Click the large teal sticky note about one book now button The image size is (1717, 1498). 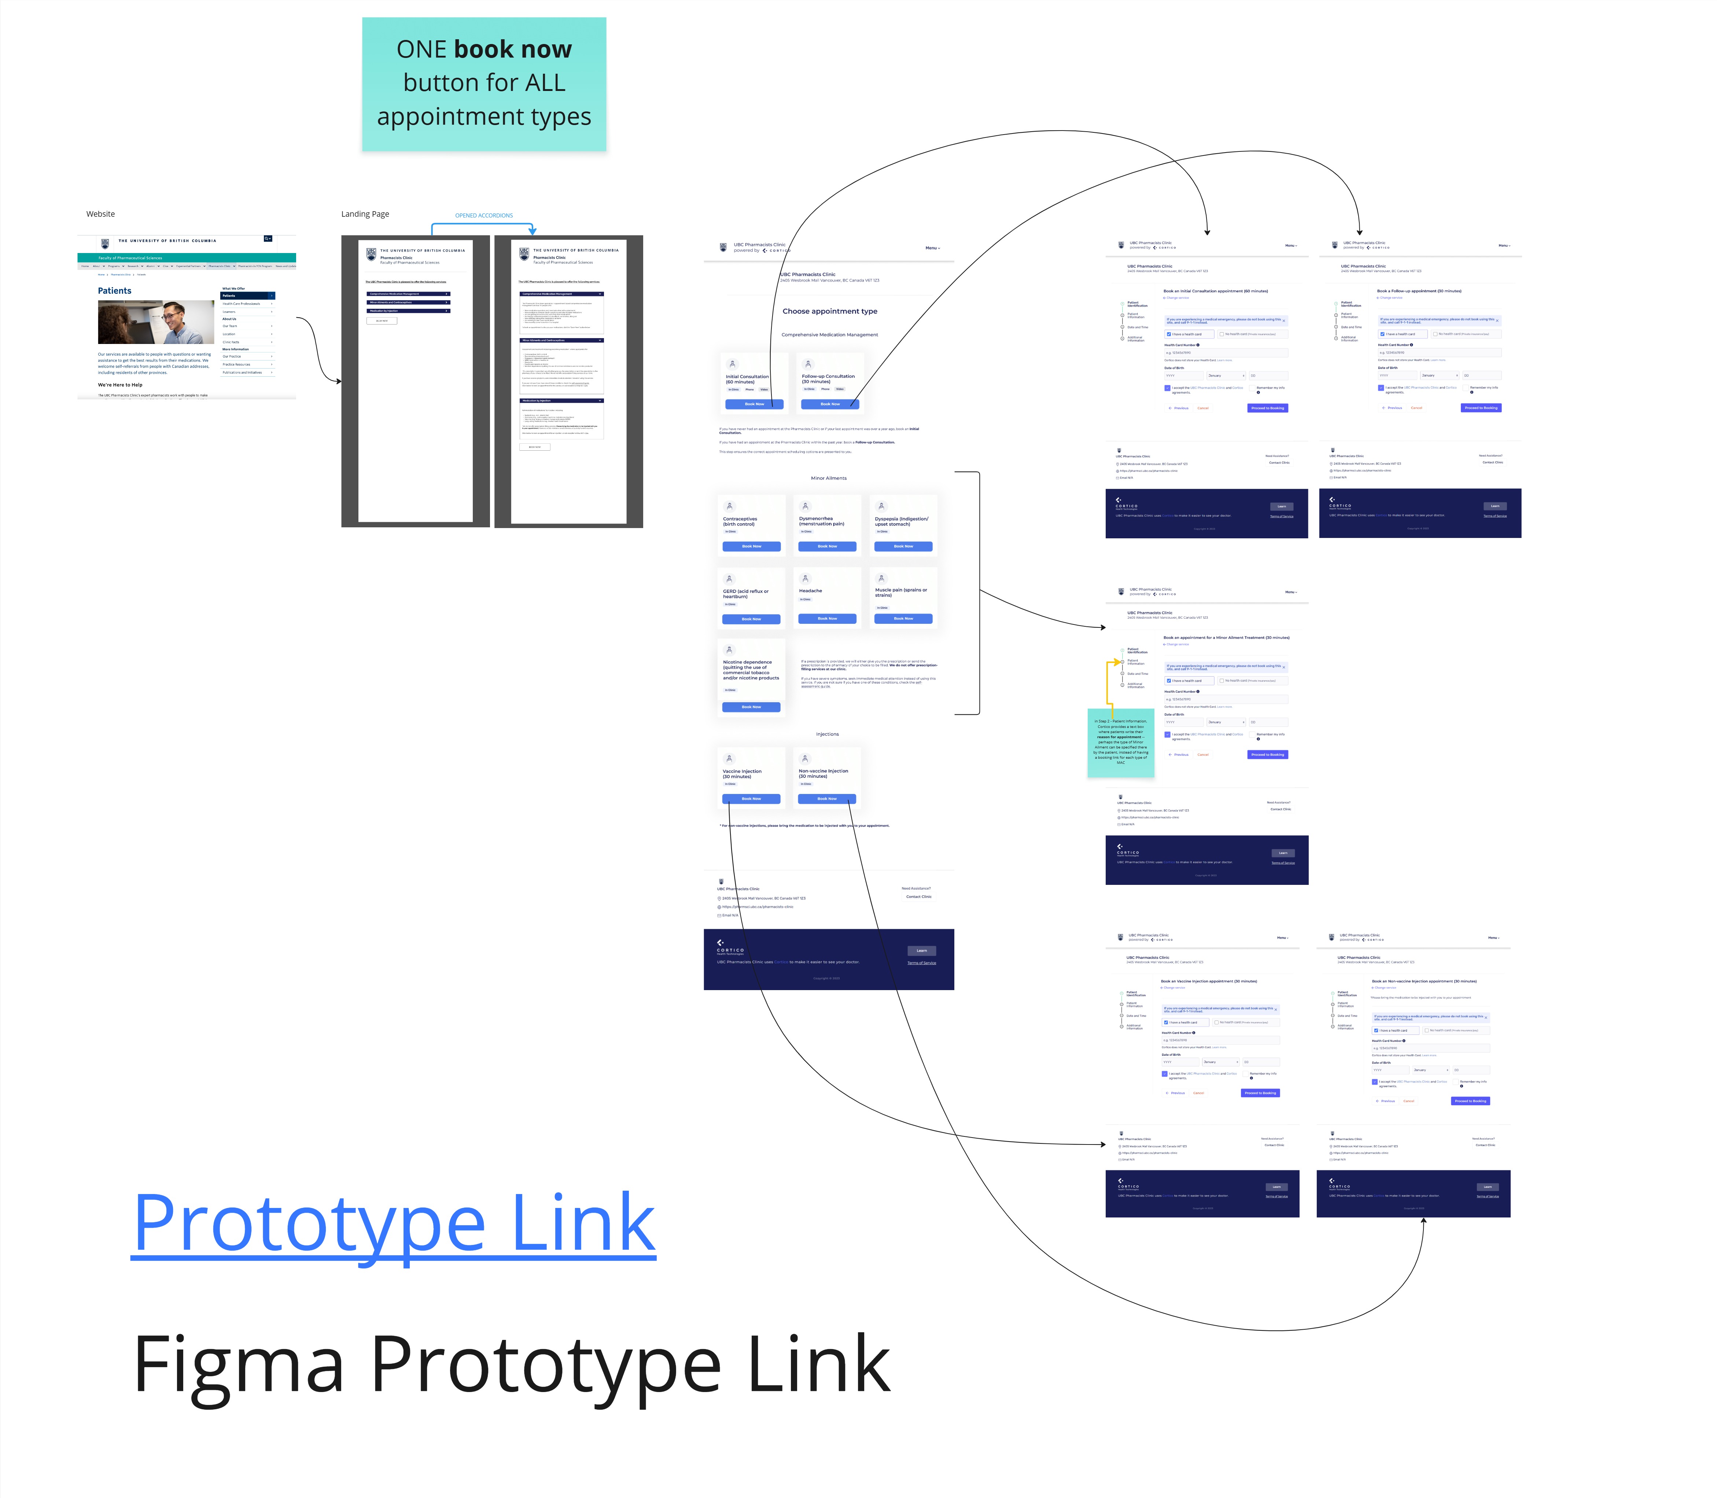click(x=484, y=84)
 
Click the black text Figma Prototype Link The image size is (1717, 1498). click(x=511, y=1365)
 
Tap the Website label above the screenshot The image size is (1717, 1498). click(x=100, y=214)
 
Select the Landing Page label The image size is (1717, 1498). click(x=365, y=214)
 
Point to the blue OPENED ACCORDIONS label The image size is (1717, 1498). click(x=484, y=216)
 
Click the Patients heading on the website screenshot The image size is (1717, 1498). click(x=114, y=291)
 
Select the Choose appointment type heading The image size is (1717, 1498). click(x=830, y=311)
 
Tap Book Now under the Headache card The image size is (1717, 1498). click(x=827, y=619)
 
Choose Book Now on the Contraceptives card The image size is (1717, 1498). click(x=751, y=547)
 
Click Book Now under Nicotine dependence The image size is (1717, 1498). click(x=751, y=707)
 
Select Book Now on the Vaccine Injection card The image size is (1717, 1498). click(x=751, y=799)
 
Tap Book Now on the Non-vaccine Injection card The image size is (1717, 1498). click(x=827, y=799)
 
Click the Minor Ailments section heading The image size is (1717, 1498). click(x=829, y=478)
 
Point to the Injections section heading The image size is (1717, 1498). click(x=827, y=734)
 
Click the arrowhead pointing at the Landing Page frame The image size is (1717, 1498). click(x=338, y=381)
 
